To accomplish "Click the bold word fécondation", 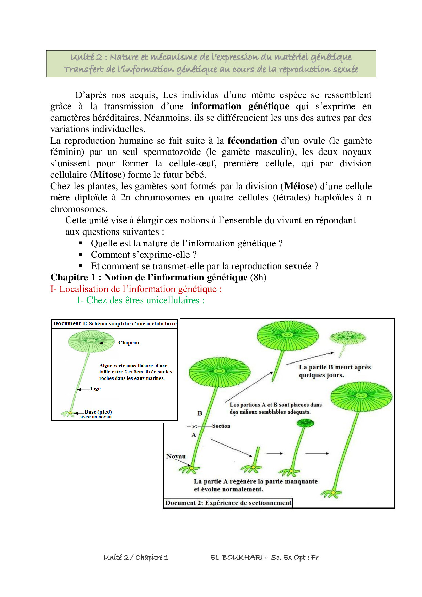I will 252,141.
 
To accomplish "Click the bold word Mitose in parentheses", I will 108,175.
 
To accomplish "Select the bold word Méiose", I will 299,186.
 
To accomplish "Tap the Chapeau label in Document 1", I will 129,343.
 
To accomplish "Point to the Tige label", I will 95,389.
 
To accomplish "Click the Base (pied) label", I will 98,412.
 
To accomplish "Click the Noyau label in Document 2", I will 176,456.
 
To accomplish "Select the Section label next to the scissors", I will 221,426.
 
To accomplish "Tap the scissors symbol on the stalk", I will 194,426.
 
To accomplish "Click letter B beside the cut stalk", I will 200,413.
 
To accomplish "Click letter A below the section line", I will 194,435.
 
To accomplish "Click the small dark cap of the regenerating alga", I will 305,423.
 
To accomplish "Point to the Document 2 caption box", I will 228,503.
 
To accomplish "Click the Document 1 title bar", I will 115,324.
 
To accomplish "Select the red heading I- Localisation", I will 136,289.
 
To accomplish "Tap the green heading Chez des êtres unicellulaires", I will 140,300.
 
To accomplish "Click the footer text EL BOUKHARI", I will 237,557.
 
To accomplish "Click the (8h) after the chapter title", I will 258,277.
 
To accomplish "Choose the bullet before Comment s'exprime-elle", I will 81,254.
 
